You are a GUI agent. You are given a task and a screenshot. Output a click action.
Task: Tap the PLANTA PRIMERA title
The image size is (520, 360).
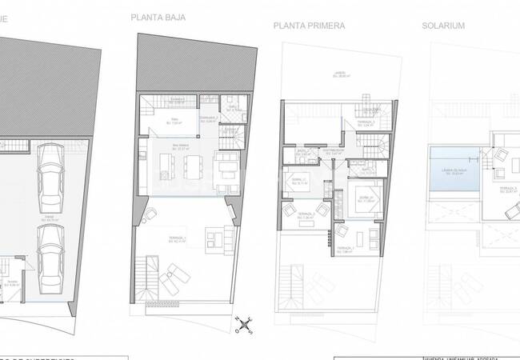[x=309, y=26]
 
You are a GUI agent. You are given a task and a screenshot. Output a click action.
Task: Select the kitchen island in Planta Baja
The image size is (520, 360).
[x=166, y=166]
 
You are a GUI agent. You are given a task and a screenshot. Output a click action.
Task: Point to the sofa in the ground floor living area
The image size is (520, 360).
[x=225, y=166]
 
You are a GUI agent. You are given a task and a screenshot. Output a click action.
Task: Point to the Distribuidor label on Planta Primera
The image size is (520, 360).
[x=334, y=149]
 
